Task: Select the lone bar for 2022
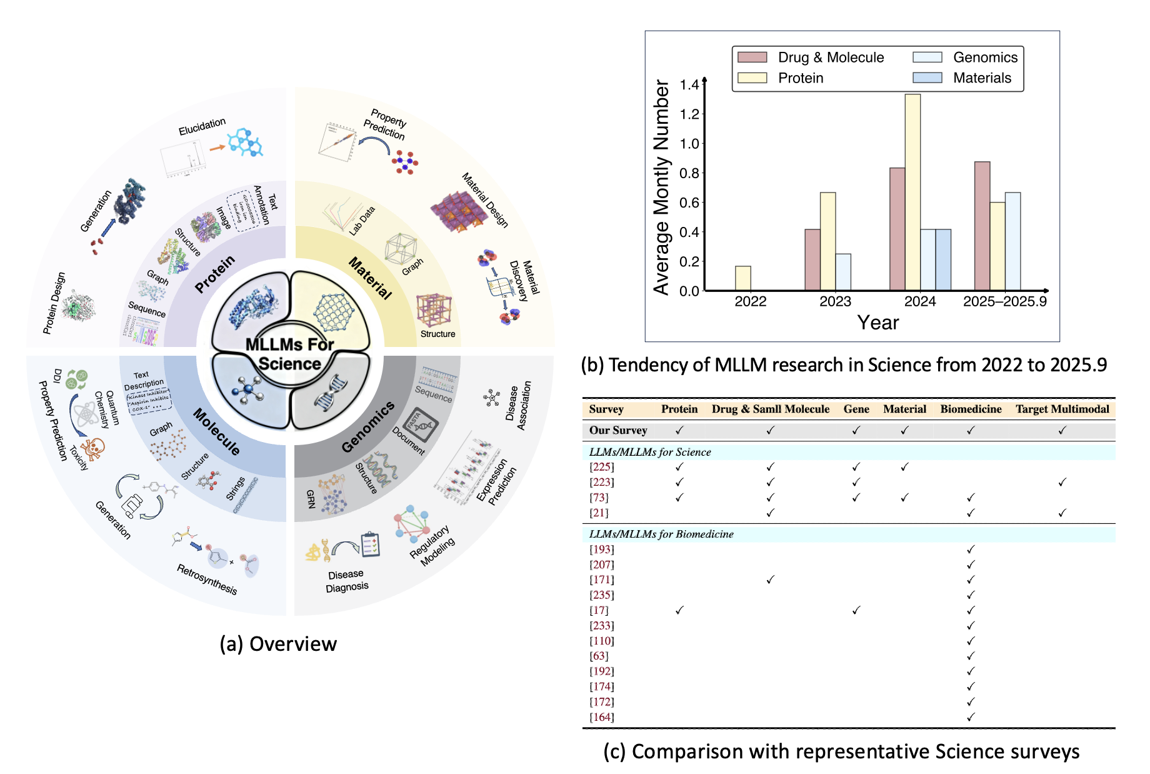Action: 742,278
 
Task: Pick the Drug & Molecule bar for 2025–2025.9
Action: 982,226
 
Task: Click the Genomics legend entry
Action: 985,58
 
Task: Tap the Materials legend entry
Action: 981,78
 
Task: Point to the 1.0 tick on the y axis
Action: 689,144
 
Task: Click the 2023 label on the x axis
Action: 835,301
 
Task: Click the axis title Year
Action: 877,323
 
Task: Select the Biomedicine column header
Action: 971,409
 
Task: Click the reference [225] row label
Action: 602,467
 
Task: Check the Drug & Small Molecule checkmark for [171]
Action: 770,580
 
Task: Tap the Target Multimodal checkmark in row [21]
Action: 1062,513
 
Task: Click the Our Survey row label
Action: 617,430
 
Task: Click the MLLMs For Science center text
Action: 289,354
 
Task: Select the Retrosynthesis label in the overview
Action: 207,579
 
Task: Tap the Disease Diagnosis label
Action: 346,581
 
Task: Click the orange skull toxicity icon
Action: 94,447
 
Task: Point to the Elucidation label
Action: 202,126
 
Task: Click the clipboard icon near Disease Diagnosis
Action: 371,545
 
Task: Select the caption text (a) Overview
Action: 278,644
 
